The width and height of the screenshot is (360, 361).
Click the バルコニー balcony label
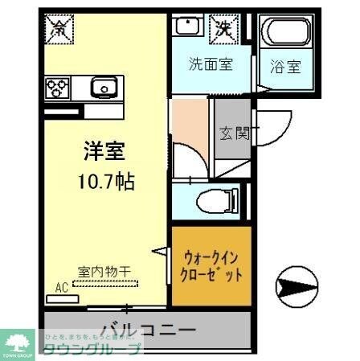tap(149, 329)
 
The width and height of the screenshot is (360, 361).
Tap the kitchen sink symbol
tap(102, 86)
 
